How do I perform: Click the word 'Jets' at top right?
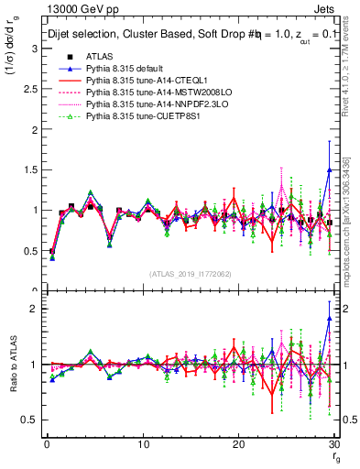328,8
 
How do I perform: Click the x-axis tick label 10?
143,444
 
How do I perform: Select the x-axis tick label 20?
239,444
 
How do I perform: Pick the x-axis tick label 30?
334,444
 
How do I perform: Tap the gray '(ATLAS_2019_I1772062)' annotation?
190,273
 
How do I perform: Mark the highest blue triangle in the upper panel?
329,170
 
